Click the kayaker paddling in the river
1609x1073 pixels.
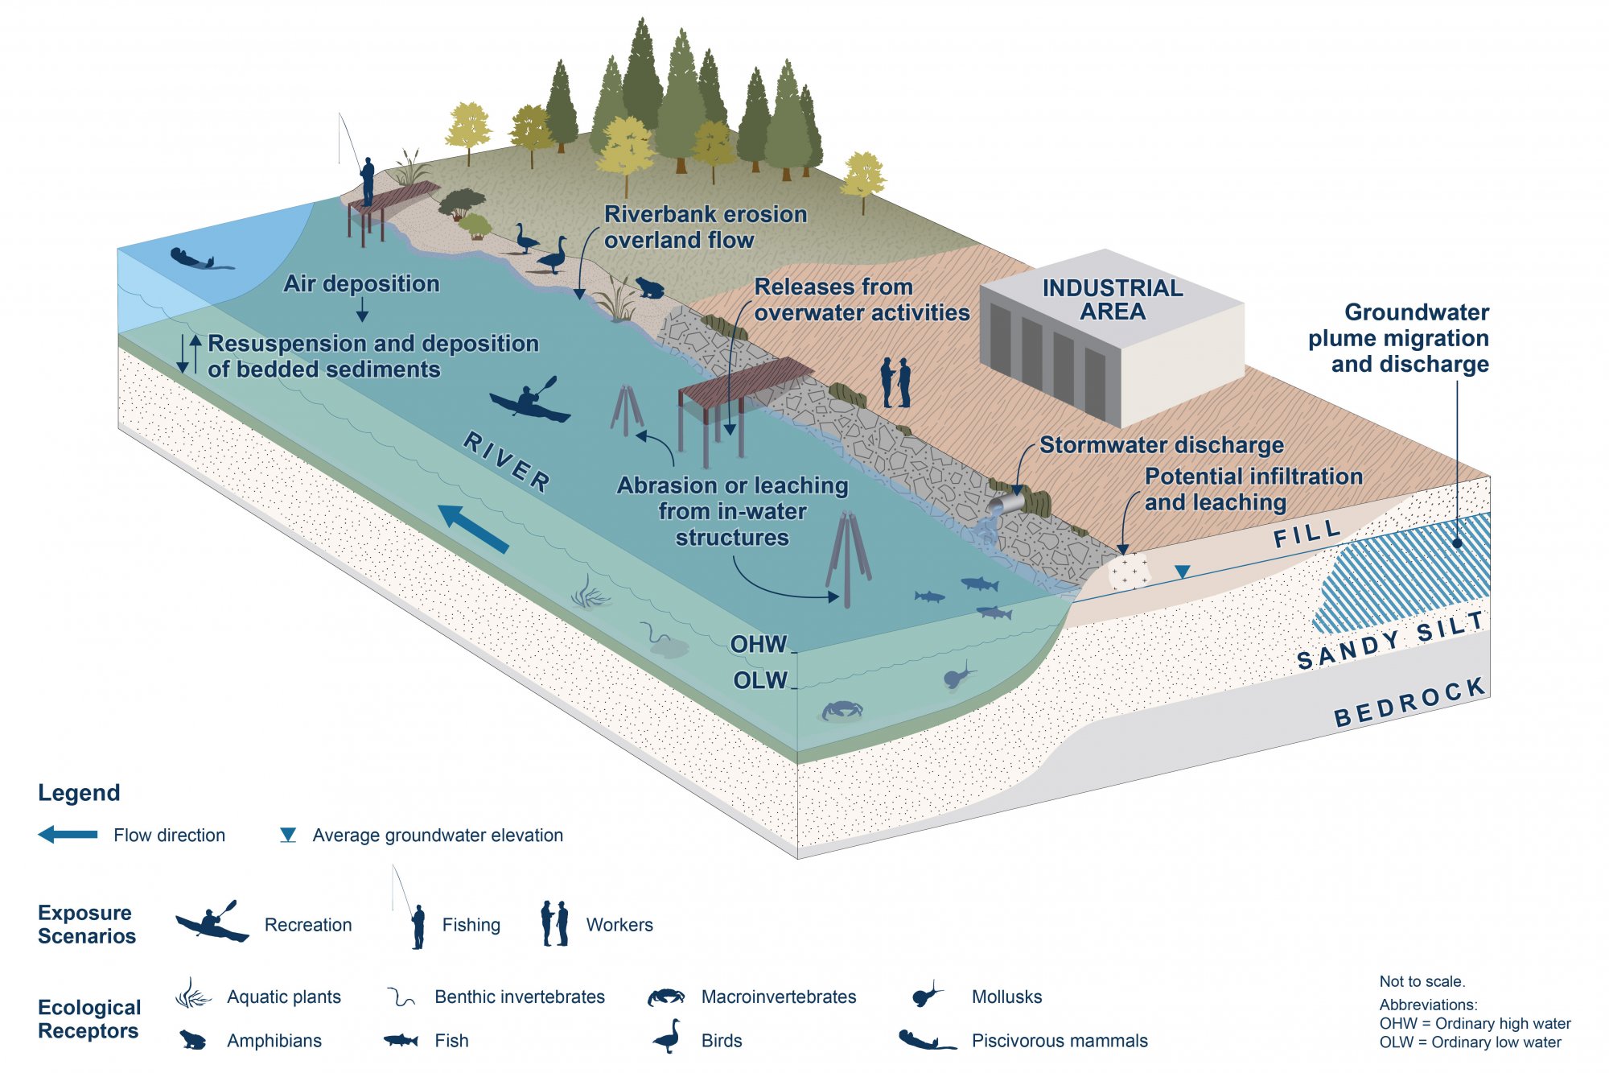tap(529, 402)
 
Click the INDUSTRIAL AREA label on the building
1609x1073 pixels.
tap(1113, 299)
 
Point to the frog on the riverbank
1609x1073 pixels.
tap(649, 287)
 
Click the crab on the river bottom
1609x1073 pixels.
tap(842, 710)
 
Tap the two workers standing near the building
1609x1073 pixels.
tap(895, 382)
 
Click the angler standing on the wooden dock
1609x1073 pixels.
tap(367, 181)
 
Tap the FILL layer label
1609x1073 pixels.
tap(1307, 534)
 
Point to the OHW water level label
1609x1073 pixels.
tap(759, 644)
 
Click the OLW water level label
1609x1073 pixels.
tap(760, 680)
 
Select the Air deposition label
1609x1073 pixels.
tap(361, 283)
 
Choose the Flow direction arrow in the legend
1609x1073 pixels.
tap(68, 834)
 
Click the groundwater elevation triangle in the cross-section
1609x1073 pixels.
tap(1182, 572)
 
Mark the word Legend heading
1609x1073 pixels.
tap(79, 793)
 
